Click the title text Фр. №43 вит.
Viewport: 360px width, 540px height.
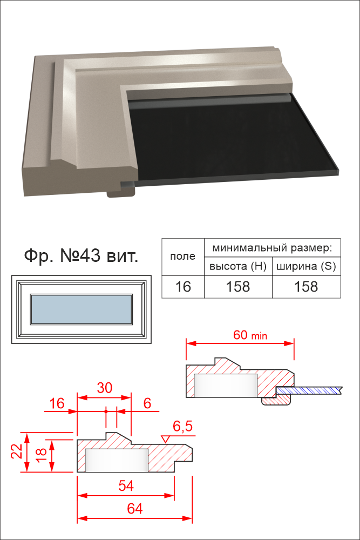[x=81, y=256]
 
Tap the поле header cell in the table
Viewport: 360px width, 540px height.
[x=183, y=256]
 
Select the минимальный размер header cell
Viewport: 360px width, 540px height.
[x=272, y=248]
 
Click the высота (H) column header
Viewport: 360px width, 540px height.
[x=238, y=266]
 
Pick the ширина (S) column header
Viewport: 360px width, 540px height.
[x=307, y=266]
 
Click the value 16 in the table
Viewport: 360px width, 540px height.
[x=183, y=287]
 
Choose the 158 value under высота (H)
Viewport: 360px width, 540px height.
[x=238, y=287]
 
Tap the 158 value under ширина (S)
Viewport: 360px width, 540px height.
[x=307, y=287]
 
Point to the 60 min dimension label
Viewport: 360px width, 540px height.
[x=250, y=335]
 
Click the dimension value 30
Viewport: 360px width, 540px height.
[x=104, y=388]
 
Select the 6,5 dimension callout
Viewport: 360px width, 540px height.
[x=182, y=427]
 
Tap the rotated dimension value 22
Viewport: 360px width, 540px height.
[x=17, y=451]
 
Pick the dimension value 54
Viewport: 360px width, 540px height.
[x=126, y=485]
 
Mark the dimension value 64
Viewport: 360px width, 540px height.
[x=134, y=509]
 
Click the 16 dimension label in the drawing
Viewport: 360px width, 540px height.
[x=57, y=403]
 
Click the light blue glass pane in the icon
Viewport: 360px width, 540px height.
[x=81, y=309]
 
